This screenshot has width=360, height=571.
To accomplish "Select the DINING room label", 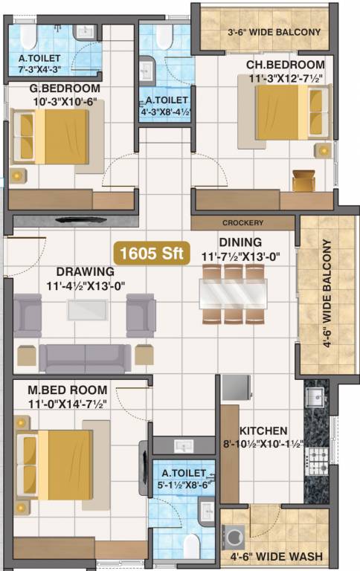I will [x=240, y=242].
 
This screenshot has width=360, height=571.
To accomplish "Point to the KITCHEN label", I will [x=263, y=430].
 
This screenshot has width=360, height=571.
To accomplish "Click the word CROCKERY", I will [x=242, y=223].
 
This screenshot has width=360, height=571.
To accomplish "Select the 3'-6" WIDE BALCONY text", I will [x=274, y=32].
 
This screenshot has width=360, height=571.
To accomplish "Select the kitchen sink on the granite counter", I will [x=315, y=394].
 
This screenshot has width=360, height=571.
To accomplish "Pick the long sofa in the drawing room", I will [x=85, y=358].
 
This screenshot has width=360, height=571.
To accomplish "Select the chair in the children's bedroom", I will [x=303, y=181].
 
